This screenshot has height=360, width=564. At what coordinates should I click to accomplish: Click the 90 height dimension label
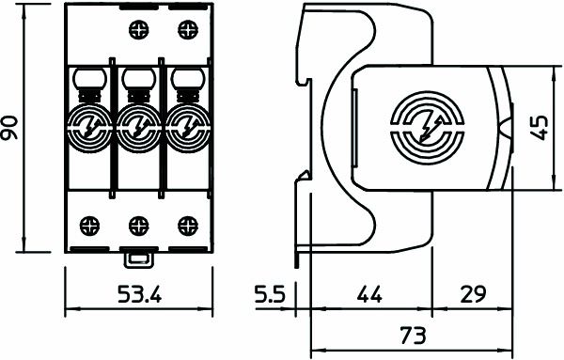[9, 128]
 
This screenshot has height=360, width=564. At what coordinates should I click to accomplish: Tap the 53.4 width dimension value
[140, 294]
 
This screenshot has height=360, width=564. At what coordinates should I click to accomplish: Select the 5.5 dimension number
[270, 294]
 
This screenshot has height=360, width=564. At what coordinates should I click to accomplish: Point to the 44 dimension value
[369, 294]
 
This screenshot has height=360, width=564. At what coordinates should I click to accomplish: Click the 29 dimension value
[473, 294]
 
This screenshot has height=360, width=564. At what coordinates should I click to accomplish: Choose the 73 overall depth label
[413, 336]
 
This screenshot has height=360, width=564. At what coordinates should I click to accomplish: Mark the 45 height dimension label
[540, 127]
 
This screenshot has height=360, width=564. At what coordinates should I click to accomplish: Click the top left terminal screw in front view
[138, 29]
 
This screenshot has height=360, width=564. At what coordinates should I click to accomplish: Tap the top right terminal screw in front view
[188, 29]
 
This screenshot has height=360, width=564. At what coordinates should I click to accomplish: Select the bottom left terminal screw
[89, 226]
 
